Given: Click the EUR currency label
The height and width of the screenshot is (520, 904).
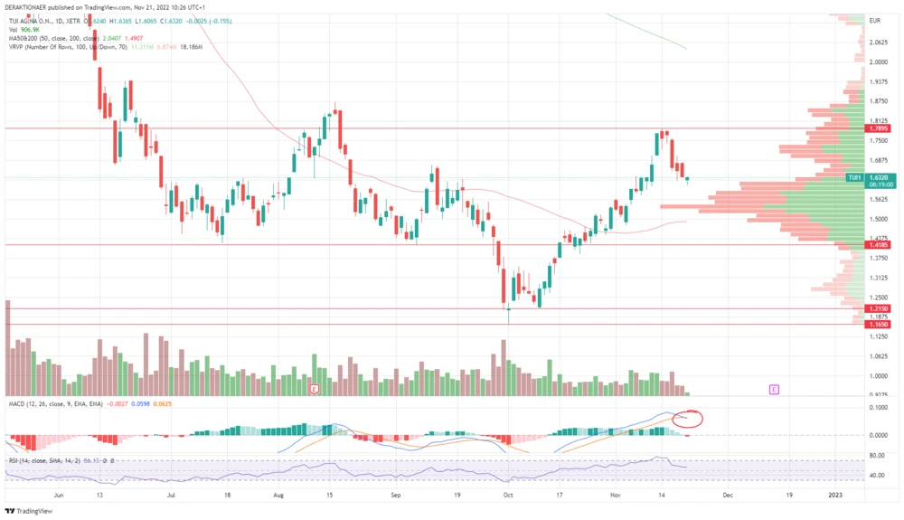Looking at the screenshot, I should [875, 21].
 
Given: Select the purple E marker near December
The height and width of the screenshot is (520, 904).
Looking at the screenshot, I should [774, 389].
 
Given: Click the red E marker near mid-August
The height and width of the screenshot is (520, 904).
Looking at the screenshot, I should [315, 389].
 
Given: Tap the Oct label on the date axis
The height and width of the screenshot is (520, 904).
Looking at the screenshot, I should [508, 496].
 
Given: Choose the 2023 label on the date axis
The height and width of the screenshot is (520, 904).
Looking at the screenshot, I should [835, 496].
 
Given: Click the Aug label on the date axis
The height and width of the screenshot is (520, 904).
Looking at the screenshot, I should [278, 496].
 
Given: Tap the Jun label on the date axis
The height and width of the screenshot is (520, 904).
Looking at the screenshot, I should [60, 496].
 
